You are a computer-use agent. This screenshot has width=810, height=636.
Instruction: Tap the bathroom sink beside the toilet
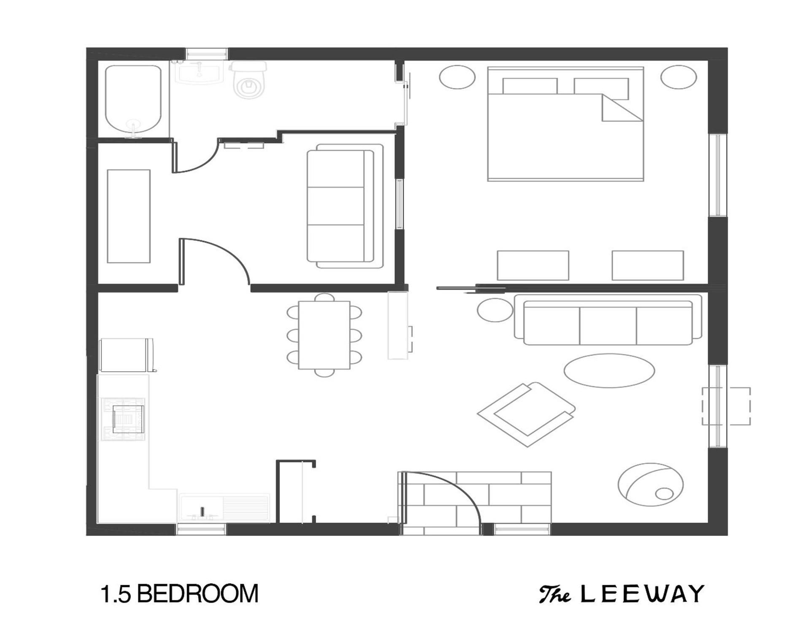coord(199,73)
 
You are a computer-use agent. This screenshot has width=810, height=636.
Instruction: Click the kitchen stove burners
coord(123,419)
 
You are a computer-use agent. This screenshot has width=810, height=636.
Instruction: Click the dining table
coord(324,335)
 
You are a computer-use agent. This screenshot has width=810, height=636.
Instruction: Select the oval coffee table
coord(609,370)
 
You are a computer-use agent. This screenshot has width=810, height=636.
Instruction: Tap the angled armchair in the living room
coord(526,414)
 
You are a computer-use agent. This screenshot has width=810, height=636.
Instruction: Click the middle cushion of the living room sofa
coord(608,326)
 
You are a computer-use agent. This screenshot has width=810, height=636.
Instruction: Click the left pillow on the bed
coord(530,86)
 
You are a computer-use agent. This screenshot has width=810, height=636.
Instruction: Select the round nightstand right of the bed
coord(678,77)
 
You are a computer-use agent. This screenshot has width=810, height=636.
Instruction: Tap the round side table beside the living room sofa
coord(495,310)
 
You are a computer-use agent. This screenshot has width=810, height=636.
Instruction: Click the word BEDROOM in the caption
coord(197,594)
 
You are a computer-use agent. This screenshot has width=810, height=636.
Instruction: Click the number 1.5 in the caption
coord(116,594)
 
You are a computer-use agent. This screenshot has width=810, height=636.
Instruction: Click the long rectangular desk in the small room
coord(129,216)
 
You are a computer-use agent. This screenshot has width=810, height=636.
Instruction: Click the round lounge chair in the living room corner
coord(651,484)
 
